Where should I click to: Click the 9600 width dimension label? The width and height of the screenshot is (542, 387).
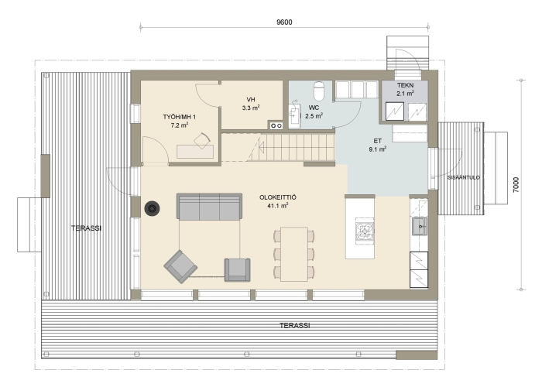pyautogui.click(x=284, y=22)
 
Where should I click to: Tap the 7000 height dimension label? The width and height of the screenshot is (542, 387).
pyautogui.click(x=516, y=184)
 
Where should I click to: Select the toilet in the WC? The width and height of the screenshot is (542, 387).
pyautogui.click(x=319, y=91)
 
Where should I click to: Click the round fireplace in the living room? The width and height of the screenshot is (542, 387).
pyautogui.click(x=152, y=209)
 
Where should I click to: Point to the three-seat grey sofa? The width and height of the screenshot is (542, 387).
pyautogui.click(x=210, y=207)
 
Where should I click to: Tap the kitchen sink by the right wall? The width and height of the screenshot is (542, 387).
pyautogui.click(x=420, y=226)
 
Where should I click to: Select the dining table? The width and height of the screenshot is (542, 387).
pyautogui.click(x=294, y=254)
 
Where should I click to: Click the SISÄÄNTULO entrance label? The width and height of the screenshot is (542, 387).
pyautogui.click(x=464, y=177)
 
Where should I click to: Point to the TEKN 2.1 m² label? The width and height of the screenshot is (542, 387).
pyautogui.click(x=405, y=89)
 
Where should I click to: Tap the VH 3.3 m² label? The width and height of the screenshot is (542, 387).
pyautogui.click(x=251, y=104)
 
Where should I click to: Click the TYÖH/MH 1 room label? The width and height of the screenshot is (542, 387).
pyautogui.click(x=180, y=117)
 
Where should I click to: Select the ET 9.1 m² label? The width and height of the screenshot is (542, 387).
pyautogui.click(x=378, y=146)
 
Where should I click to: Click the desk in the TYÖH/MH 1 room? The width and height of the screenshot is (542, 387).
pyautogui.click(x=195, y=152)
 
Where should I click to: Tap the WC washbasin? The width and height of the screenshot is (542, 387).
pyautogui.click(x=294, y=113)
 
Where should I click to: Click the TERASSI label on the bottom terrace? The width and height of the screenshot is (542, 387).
pyautogui.click(x=294, y=326)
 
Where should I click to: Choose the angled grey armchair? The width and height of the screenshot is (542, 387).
pyautogui.click(x=180, y=267)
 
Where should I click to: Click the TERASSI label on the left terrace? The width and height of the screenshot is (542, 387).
pyautogui.click(x=86, y=228)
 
